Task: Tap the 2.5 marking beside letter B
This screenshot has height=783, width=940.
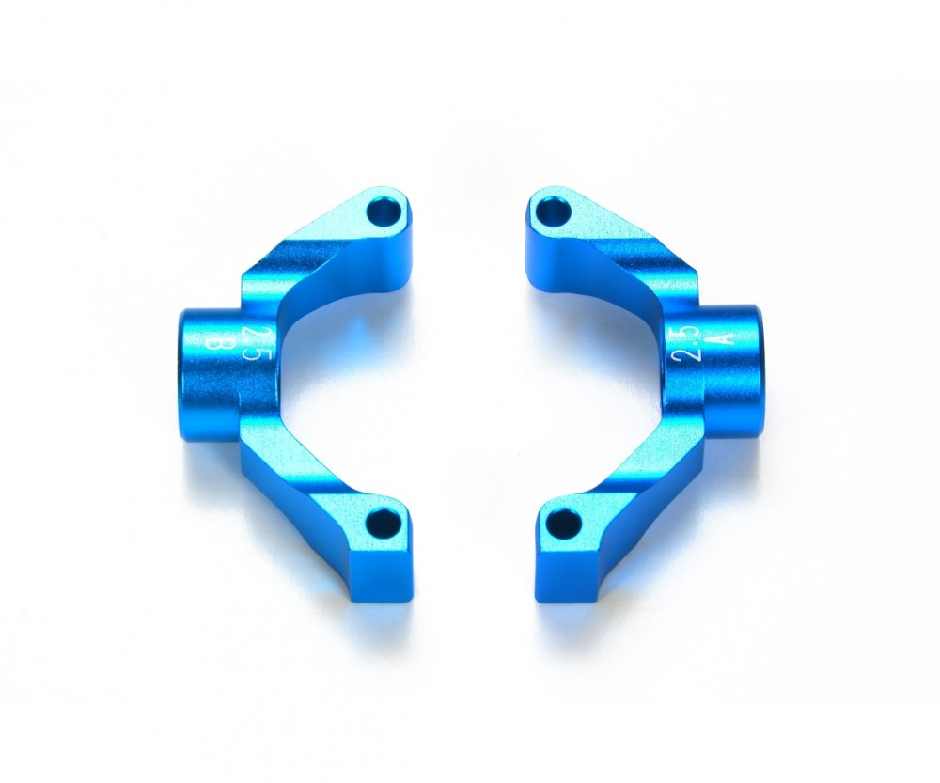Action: [250, 345]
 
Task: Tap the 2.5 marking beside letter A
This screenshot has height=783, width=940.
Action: [689, 345]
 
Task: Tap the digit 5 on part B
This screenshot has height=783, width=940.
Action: [251, 355]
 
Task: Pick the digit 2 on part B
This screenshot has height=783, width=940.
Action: [250, 335]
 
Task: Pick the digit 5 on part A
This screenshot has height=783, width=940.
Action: [689, 335]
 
